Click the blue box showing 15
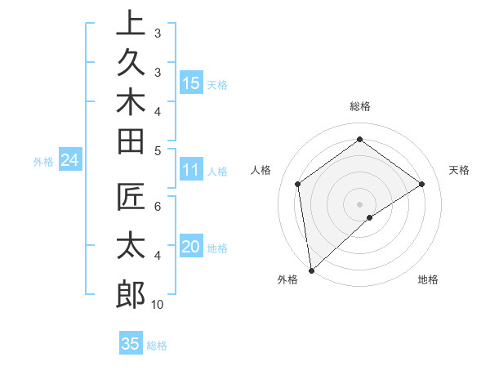191,83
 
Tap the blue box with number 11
191,171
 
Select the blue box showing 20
191,248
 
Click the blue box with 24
70,161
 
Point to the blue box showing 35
131,344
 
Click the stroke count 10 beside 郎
158,305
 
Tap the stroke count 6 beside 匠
158,206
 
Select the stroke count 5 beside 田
158,150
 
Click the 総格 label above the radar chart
359,106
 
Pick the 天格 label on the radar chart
459,170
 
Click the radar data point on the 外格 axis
311,270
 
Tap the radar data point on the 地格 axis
370,217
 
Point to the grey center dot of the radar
359,203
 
